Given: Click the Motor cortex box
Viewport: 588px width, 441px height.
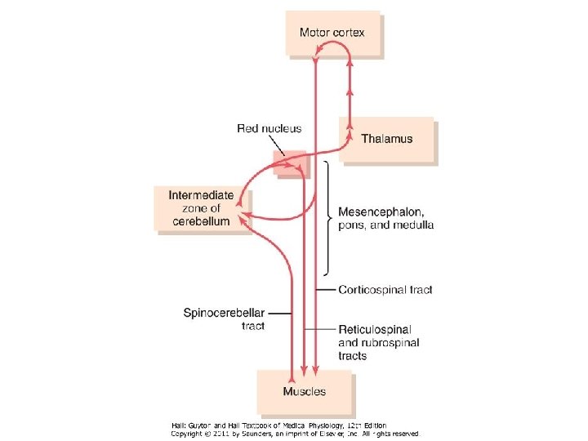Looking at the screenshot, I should point(332,33).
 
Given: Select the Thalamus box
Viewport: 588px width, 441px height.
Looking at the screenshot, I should point(388,139).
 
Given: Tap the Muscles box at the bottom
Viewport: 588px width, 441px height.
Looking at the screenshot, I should point(304,391).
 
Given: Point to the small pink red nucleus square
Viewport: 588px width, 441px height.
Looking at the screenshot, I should point(289,163).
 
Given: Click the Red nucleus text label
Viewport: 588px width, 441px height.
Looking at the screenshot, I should point(269,128).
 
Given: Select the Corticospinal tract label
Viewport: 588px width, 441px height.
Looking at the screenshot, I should point(385,289).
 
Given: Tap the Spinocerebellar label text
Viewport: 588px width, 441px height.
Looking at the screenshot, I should point(225,313).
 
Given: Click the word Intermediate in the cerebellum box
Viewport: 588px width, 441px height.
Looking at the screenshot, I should point(201,195).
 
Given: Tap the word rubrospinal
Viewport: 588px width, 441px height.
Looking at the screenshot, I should point(390,343).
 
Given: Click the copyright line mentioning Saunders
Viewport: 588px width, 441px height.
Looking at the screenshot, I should point(295,434).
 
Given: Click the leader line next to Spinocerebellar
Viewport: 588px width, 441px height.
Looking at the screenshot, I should point(279,313).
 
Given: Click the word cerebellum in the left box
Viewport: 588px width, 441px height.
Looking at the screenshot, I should point(201,221).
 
